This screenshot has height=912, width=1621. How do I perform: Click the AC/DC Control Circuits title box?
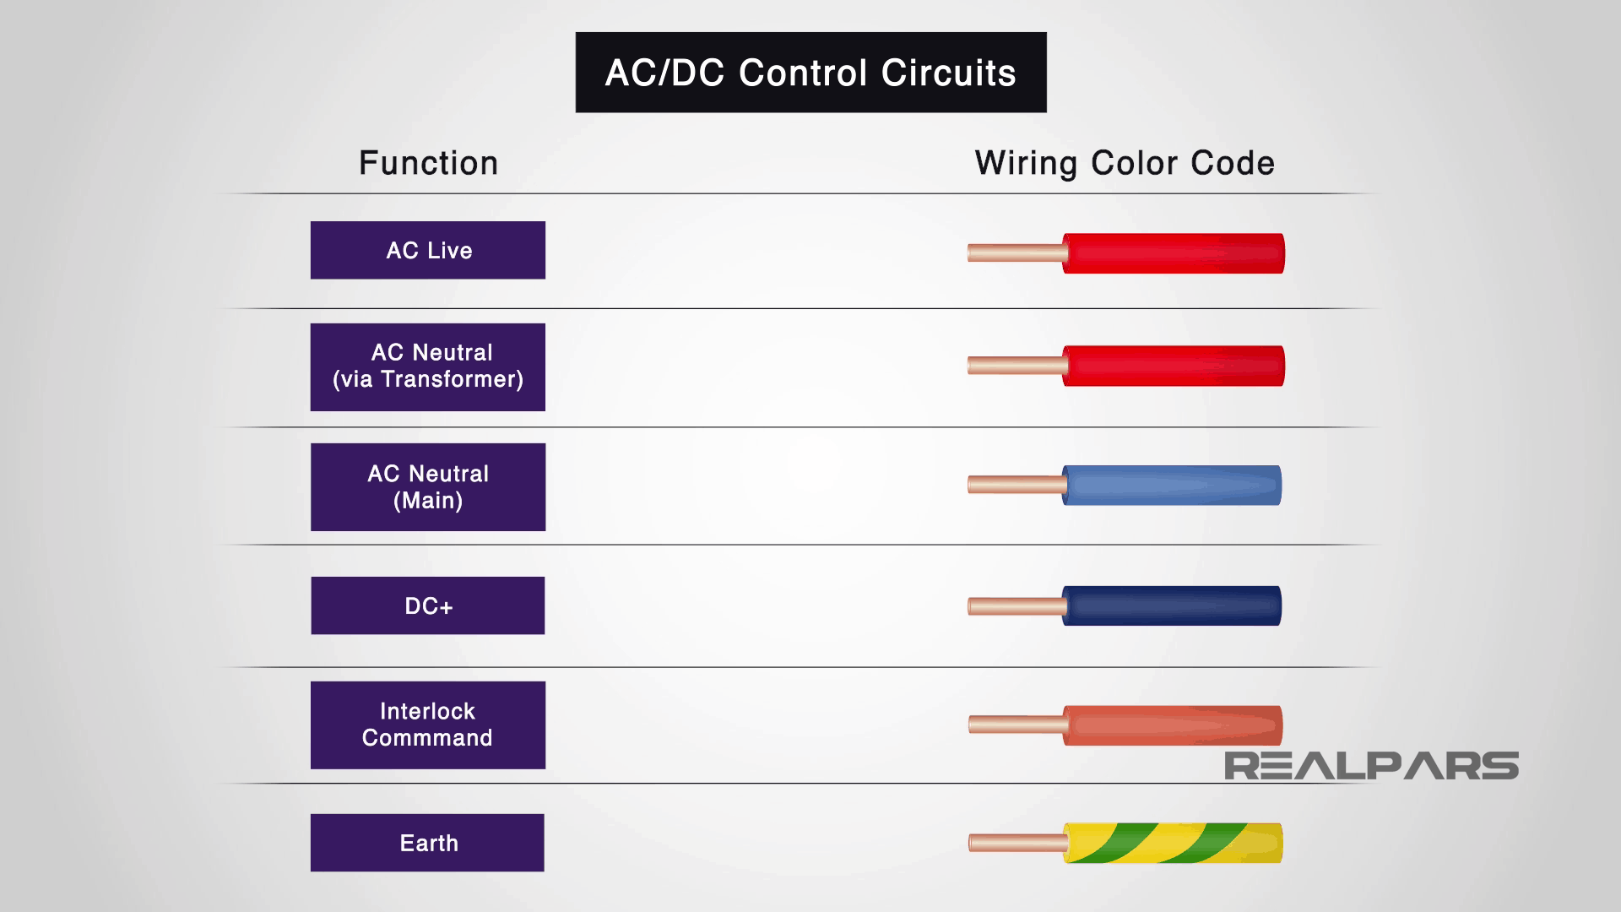[810, 73]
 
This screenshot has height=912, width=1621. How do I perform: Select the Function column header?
[428, 163]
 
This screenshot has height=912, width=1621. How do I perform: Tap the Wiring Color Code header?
[1124, 163]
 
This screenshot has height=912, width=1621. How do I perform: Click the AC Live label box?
[428, 250]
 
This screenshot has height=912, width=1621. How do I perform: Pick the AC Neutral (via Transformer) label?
[428, 366]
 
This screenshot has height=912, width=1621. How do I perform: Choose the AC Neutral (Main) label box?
[428, 486]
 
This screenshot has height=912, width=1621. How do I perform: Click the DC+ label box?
[428, 605]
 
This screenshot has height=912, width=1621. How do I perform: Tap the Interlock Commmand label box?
[428, 725]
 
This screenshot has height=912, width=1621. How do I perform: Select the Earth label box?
[428, 843]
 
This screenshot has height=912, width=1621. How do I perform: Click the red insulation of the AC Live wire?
[1174, 253]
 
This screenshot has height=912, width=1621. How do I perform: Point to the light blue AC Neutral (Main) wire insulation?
[1172, 486]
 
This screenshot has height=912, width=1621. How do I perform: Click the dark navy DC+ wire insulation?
[1172, 605]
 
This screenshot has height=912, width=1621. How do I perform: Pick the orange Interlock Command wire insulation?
[1172, 725]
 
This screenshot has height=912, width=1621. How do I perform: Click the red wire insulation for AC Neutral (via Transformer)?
[1174, 366]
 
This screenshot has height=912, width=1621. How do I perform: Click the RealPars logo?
[1371, 766]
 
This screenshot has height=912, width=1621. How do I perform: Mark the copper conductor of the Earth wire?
[1016, 843]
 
